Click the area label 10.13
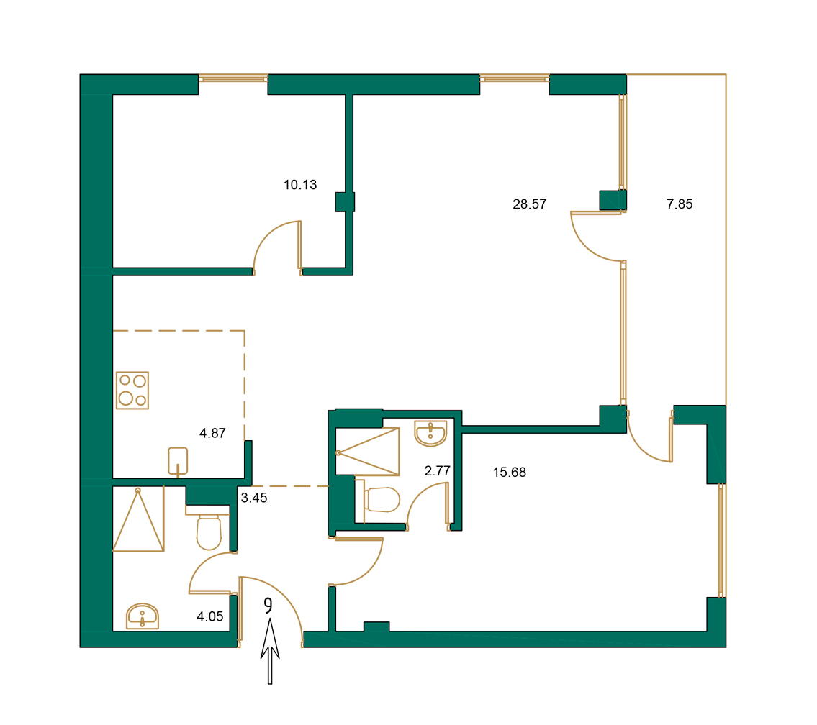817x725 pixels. click(x=300, y=185)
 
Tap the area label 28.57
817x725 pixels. click(x=529, y=204)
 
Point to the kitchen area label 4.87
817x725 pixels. click(x=213, y=433)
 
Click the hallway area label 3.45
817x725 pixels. click(x=254, y=498)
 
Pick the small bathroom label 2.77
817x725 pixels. click(x=437, y=472)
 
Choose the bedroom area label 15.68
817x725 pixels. click(x=509, y=473)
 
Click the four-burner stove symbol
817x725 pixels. click(x=132, y=391)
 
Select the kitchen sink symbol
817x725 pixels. click(x=178, y=460)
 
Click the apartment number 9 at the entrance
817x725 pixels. click(x=268, y=606)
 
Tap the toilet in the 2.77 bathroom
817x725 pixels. click(x=382, y=500)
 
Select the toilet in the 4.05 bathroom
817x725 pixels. click(x=209, y=530)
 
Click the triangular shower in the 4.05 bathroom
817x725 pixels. click(x=138, y=521)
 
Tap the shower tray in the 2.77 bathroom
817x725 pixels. click(x=367, y=452)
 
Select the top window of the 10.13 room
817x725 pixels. click(x=233, y=78)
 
